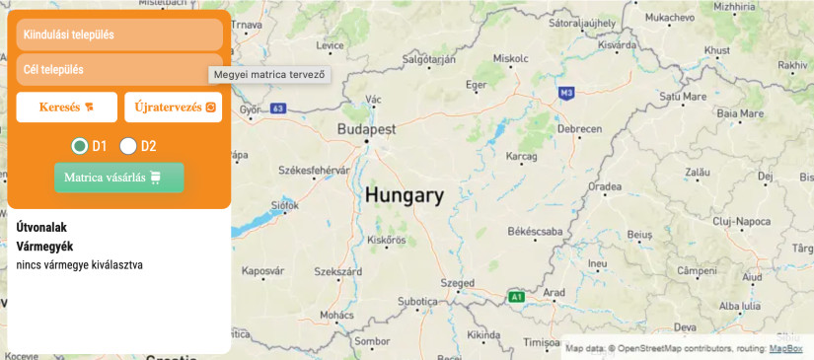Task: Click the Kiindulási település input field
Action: [119, 35]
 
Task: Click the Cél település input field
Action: [119, 70]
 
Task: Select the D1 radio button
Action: [80, 146]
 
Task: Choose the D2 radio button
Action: [128, 146]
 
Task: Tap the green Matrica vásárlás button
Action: [119, 178]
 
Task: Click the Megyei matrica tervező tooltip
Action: [269, 74]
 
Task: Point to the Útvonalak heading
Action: [41, 227]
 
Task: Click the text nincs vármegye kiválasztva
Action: [80, 264]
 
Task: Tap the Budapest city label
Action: [366, 129]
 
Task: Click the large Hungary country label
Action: [405, 195]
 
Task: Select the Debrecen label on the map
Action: [579, 129]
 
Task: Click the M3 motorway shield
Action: [566, 93]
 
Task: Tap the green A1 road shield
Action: [515, 296]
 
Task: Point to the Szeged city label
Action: [457, 282]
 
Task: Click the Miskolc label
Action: [511, 58]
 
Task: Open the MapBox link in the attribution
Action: [785, 348]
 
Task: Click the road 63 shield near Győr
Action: [279, 108]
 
